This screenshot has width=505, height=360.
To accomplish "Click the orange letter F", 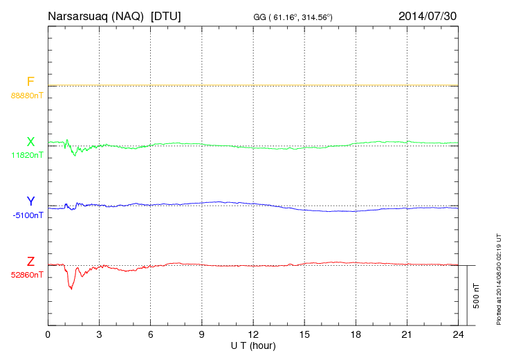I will [30, 82].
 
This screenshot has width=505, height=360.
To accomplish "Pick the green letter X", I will [30, 142].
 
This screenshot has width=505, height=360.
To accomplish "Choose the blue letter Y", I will [30, 201].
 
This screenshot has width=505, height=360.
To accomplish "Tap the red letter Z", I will [30, 262].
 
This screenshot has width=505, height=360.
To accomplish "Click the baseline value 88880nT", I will [27, 96].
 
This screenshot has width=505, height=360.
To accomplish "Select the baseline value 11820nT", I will [27, 155].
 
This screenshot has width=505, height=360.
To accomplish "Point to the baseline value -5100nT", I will [28, 215].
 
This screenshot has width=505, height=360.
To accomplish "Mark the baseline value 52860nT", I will [27, 275].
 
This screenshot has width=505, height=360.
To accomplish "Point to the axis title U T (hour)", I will [253, 345].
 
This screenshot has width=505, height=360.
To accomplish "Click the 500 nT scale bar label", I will [477, 296].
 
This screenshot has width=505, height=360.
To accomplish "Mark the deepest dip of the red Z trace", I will [71, 288].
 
